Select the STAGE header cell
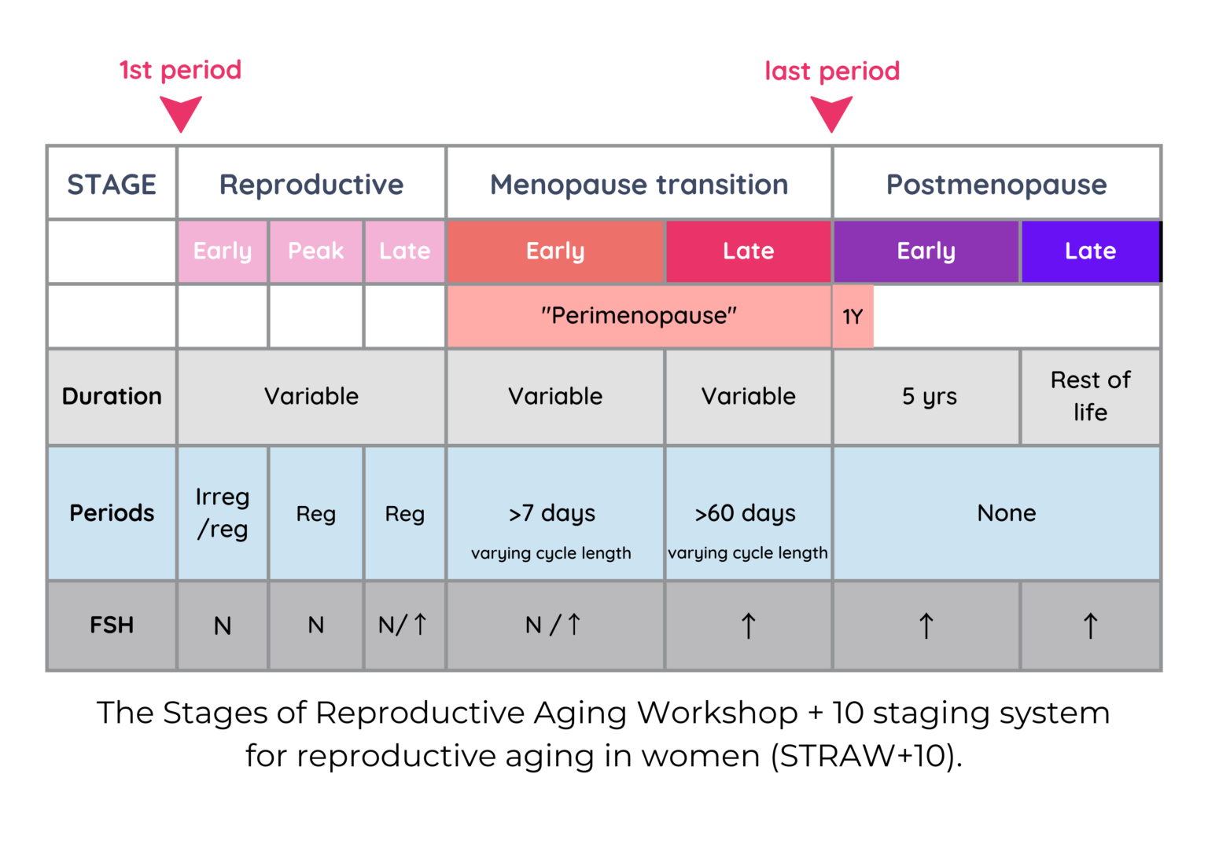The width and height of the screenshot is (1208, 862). coord(112,185)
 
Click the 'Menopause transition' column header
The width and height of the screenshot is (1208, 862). coord(639,185)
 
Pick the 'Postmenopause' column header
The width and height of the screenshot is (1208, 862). coord(996,185)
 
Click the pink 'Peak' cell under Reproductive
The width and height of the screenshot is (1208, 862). coord(315,251)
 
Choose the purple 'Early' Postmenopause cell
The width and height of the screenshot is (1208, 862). coord(926,251)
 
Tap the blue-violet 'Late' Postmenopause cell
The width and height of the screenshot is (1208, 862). coord(1090,251)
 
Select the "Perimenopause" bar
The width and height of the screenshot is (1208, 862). coord(639,316)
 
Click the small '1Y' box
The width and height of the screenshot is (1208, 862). coord(853,317)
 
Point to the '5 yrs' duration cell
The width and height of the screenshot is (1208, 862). coord(929,396)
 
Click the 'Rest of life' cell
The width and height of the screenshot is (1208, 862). coord(1090,396)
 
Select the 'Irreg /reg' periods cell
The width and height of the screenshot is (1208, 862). coord(223,513)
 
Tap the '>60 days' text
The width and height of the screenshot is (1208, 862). coord(746,513)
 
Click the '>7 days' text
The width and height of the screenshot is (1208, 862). coord(552,513)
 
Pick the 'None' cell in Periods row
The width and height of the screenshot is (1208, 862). coord(1006,513)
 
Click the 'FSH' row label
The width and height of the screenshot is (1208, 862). coord(112,625)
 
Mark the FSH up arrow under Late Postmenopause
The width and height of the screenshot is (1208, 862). coord(1090,626)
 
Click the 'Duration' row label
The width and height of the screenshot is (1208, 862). coord(112,396)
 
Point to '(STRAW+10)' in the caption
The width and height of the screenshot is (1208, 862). coord(866,756)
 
